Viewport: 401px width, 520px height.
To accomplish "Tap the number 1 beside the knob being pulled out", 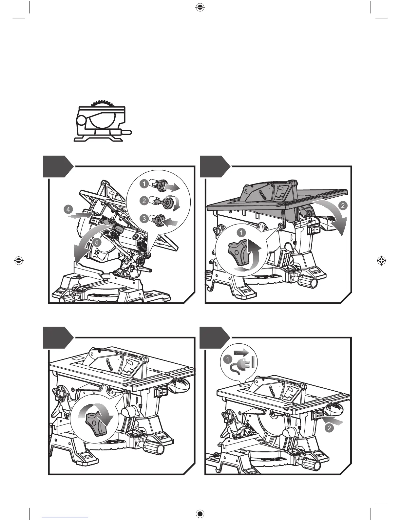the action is coord(143,184).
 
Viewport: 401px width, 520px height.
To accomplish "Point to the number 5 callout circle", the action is coord(96,243).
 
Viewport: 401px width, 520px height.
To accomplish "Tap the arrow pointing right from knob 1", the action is coord(172,187).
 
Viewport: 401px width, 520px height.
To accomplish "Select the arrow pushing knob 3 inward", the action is coord(170,223).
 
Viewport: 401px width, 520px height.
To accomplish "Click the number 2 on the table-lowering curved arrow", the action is coord(343,206).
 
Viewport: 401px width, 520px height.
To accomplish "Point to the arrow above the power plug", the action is coord(242,353).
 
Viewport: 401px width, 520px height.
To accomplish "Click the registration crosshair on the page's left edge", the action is coord(19,261).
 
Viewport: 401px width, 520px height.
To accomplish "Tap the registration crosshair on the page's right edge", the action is coord(381,261).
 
